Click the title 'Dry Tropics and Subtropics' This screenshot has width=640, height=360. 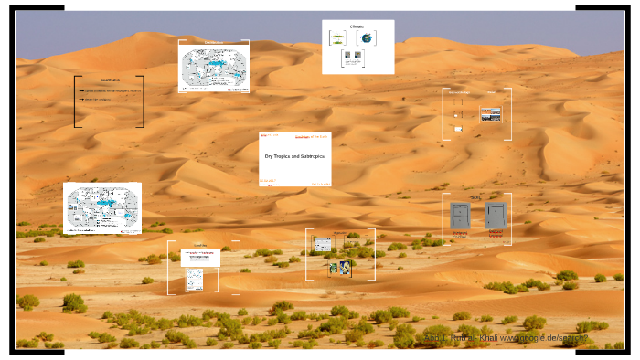pos(294,157)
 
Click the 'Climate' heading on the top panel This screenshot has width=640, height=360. pos(357,26)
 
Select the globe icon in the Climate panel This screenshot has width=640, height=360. pos(367,38)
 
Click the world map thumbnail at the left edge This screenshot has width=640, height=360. pos(101,206)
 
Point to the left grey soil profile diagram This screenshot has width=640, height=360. pos(460,217)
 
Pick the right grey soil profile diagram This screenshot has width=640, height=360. pos(495,217)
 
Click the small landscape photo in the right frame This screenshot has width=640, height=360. pos(491,114)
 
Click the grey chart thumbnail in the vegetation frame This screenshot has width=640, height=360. pos(322,244)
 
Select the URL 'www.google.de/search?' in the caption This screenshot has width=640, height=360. pos(548,339)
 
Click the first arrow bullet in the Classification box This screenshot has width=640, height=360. pos(80,91)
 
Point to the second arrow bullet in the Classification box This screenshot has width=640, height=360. pos(80,99)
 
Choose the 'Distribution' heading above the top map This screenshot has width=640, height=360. pos(214,43)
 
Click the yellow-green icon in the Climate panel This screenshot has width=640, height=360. pos(338,38)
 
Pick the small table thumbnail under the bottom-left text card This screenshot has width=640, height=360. pos(193,279)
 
